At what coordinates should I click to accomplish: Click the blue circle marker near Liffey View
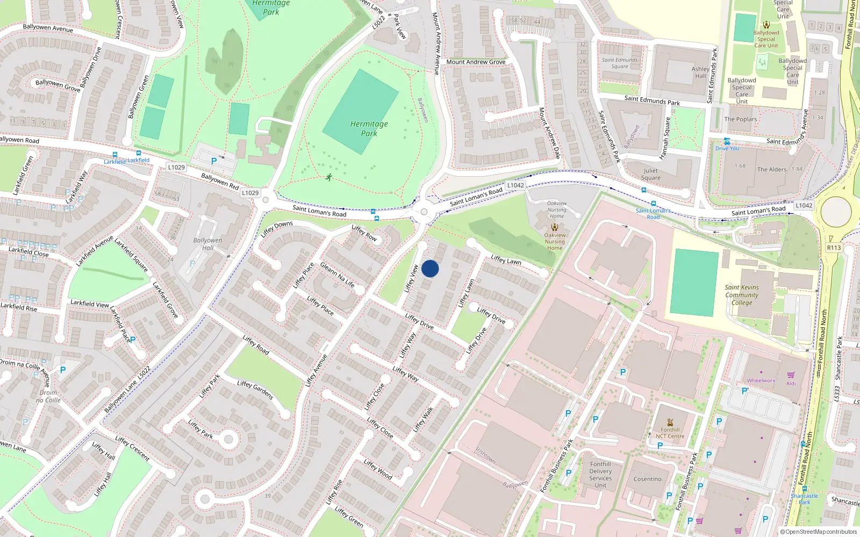430,268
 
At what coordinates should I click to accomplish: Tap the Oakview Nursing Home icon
554,227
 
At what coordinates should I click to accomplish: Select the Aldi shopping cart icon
791,375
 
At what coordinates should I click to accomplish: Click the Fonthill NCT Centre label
670,433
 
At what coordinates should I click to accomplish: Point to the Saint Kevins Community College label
742,295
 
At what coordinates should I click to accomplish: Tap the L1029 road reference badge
176,167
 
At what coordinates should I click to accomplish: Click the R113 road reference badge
834,248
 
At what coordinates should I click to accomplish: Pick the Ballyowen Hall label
207,244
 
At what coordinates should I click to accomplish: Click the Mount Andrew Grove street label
476,62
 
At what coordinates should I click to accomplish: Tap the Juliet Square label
650,174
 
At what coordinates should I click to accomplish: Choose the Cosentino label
647,479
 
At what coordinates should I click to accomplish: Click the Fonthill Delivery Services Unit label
600,475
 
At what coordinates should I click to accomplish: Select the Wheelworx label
761,380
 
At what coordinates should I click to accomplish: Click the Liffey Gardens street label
255,390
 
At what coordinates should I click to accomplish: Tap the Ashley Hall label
700,72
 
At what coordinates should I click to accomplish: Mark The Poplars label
740,119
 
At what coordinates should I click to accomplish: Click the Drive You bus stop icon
727,141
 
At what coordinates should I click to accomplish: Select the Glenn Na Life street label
337,274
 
